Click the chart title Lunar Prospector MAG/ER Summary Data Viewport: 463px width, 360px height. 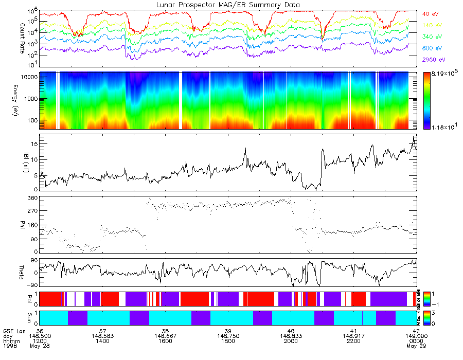pyautogui.click(x=229, y=5)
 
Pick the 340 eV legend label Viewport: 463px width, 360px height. pyautogui.click(x=432, y=37)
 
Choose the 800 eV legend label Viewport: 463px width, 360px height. pyautogui.click(x=432, y=48)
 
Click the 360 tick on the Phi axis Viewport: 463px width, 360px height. pyautogui.click(x=32, y=198)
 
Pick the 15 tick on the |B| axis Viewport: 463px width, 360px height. pyautogui.click(x=34, y=145)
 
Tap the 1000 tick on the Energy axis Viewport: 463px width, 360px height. pyautogui.click(x=29, y=99)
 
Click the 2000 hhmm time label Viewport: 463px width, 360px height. pyautogui.click(x=291, y=340)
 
